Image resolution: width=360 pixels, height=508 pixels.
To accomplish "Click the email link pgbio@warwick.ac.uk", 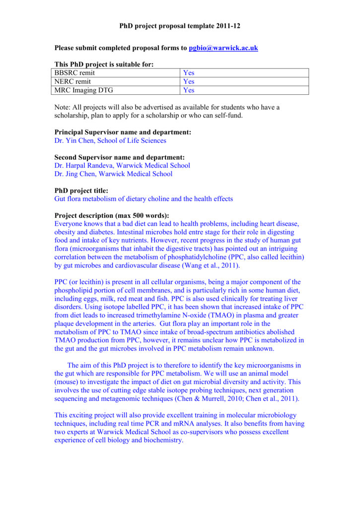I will pyautogui.click(x=223, y=48).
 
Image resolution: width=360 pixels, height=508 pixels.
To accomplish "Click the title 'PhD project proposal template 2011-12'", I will pyautogui.click(x=180, y=25).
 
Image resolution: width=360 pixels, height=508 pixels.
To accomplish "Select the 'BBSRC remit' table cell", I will pyautogui.click(x=74, y=73).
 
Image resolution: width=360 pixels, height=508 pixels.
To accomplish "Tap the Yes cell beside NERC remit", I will pyautogui.click(x=189, y=81).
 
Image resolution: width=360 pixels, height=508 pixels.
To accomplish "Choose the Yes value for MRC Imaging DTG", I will pyautogui.click(x=189, y=90).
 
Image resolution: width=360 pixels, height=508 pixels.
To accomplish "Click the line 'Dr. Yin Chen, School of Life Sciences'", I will pyautogui.click(x=110, y=140).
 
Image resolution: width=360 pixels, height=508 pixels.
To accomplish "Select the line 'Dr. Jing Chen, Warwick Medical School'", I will pyautogui.click(x=113, y=174).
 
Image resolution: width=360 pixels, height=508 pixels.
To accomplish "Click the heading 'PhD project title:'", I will pyautogui.click(x=81, y=190).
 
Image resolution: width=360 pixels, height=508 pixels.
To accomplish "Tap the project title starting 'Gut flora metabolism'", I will pyautogui.click(x=143, y=199).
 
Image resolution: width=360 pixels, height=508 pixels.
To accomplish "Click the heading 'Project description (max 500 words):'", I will pyautogui.click(x=111, y=215).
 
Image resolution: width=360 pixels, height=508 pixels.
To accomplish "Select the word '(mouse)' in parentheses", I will pyautogui.click(x=67, y=382).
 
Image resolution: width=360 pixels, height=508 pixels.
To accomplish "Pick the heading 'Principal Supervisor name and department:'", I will pyautogui.click(x=122, y=132).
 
